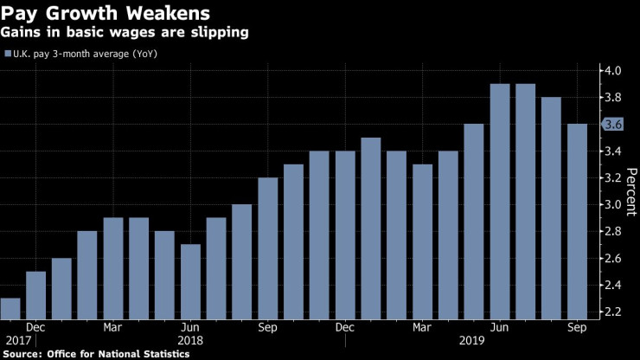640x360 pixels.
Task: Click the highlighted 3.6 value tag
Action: coord(613,125)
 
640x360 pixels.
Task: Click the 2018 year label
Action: coord(190,341)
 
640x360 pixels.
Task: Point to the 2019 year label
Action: coord(473,341)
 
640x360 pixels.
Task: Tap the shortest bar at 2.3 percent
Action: coord(10,308)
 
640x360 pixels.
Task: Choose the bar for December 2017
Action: coord(35,295)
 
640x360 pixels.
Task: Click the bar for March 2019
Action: coord(422,241)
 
